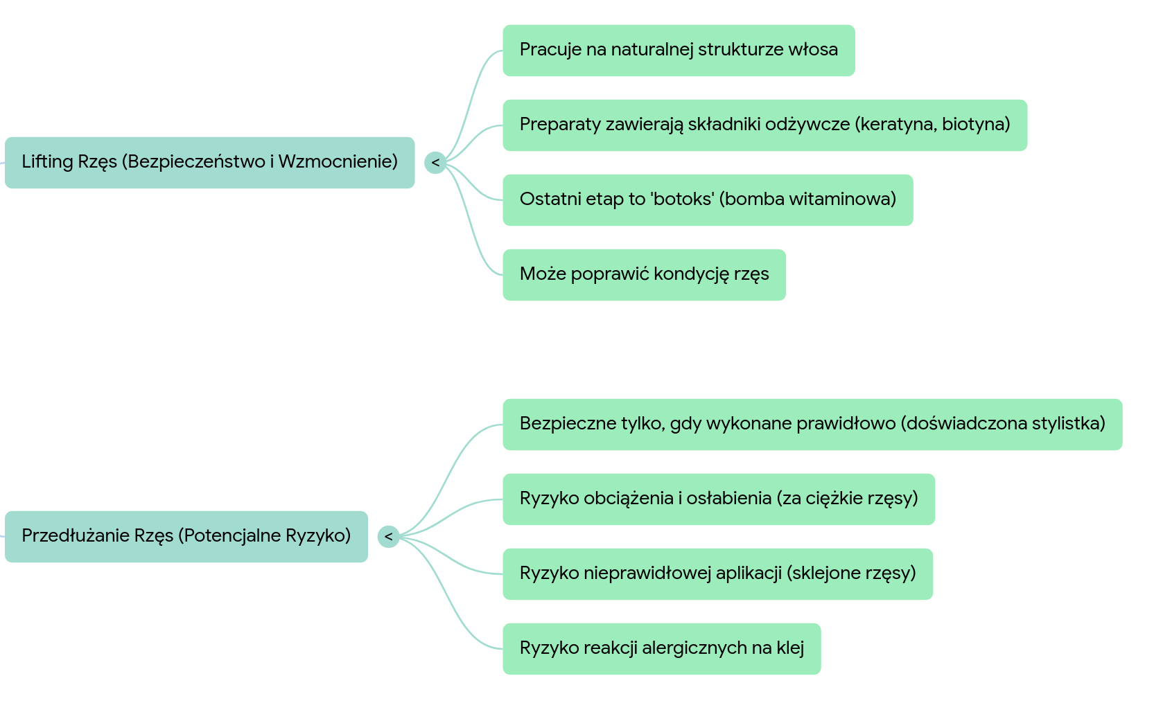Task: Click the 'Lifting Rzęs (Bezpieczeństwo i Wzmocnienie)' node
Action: pos(209,162)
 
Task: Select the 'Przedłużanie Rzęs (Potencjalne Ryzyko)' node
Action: pos(186,536)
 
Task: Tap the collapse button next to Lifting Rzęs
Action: pos(435,162)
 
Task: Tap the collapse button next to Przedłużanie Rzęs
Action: pos(388,536)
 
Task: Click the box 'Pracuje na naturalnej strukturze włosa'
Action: pos(679,50)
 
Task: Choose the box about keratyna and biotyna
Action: pos(764,125)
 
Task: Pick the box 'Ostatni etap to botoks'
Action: pos(708,199)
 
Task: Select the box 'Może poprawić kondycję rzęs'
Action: pos(644,274)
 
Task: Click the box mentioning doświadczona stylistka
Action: pos(812,424)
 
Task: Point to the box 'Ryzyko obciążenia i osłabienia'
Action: pos(719,499)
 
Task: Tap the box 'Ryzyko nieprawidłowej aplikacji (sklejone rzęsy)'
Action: pos(717,573)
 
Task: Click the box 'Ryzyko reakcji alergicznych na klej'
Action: pos(661,648)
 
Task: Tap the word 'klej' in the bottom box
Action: pos(790,648)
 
